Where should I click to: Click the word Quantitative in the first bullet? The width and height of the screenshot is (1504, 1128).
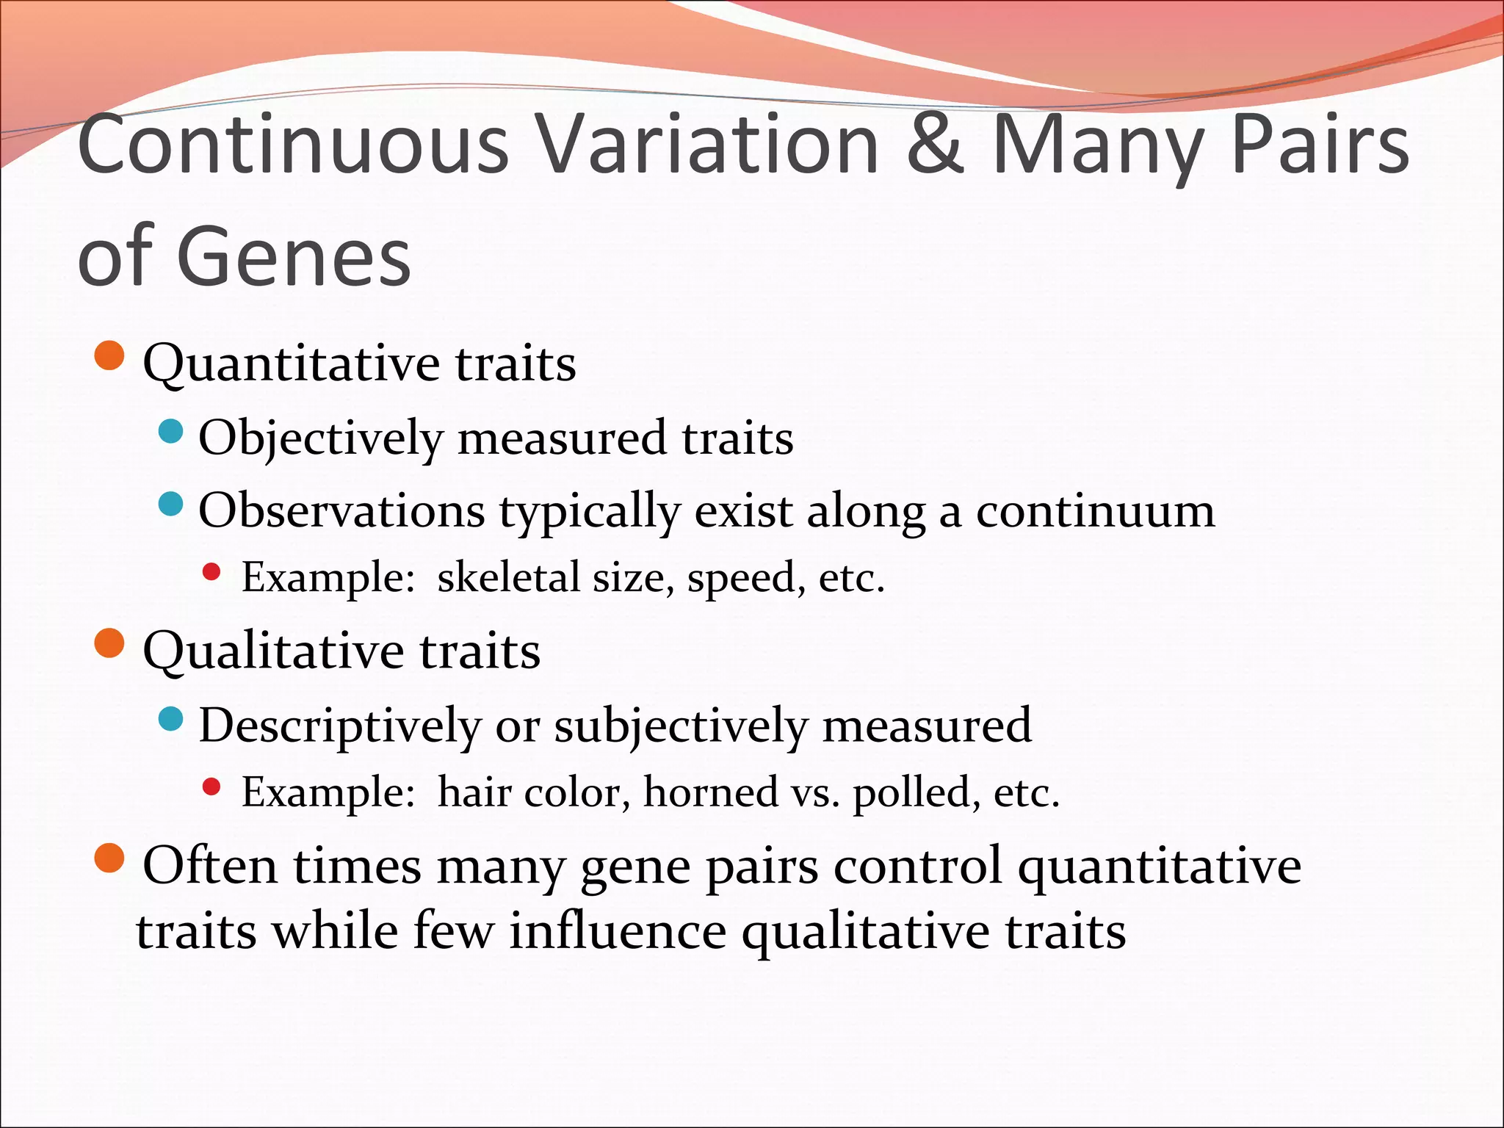(291, 364)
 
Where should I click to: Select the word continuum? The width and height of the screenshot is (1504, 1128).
(1095, 511)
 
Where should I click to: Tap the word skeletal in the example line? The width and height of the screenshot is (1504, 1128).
(509, 577)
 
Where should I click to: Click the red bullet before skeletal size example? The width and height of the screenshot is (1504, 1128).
(211, 572)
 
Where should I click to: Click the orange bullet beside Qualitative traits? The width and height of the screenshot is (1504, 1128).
(110, 644)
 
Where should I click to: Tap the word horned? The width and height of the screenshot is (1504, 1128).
(710, 792)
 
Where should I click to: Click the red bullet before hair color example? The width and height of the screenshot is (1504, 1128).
(211, 787)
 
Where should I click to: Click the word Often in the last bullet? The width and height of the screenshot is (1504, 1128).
(210, 866)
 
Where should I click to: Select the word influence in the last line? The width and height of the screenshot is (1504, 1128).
(618, 932)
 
